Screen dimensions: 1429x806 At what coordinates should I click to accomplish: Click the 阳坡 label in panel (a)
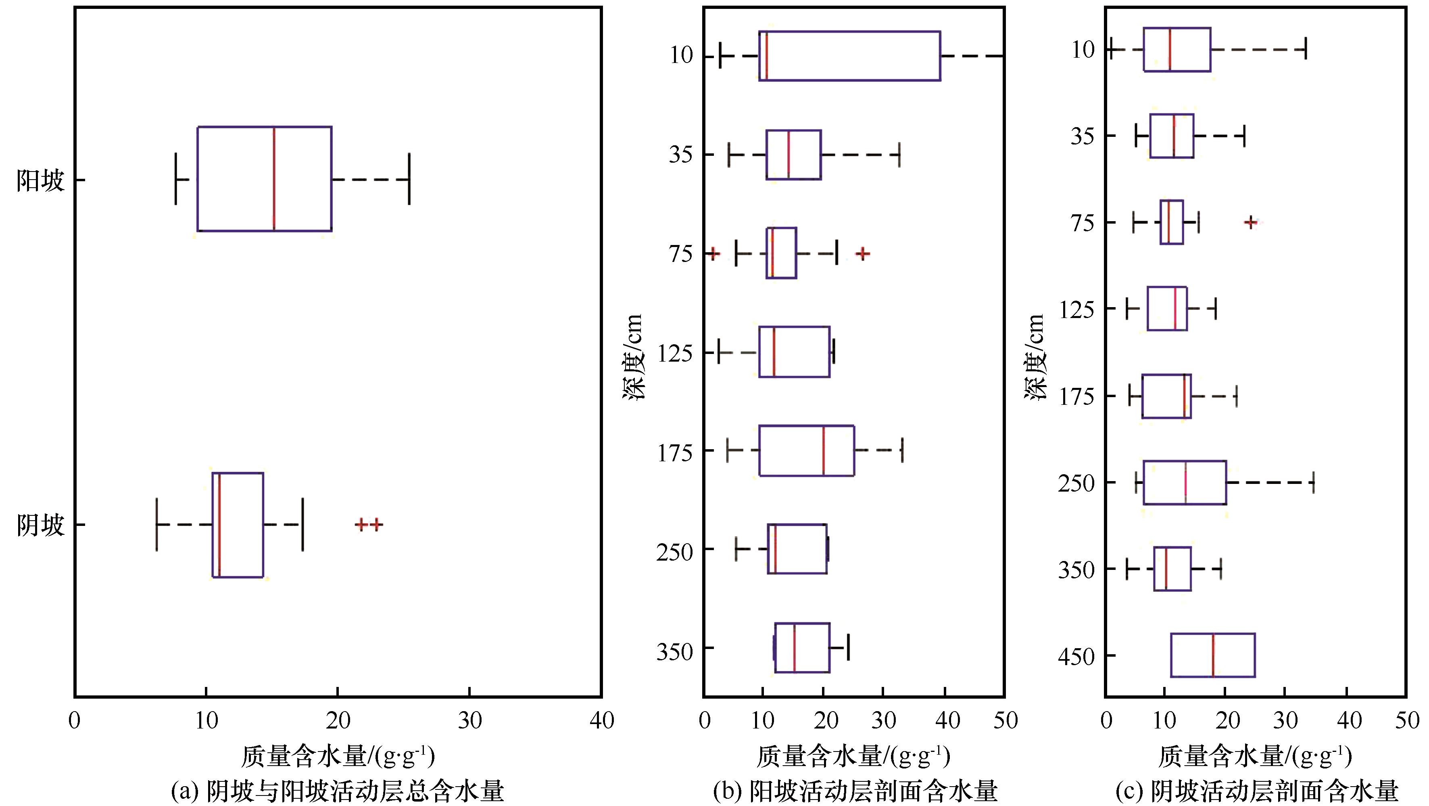40,180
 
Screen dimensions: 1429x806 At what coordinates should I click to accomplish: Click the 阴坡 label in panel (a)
40,525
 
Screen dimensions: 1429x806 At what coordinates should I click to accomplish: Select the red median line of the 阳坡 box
274,178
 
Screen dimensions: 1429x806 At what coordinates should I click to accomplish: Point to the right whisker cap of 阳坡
409,179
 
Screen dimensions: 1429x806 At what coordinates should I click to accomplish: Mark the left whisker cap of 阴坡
157,525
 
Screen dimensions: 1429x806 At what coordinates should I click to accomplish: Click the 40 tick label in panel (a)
602,720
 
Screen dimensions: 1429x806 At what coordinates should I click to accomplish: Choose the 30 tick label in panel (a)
470,720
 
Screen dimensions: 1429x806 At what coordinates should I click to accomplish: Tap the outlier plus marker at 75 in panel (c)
1250,222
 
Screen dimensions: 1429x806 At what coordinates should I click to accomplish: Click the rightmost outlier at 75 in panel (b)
863,253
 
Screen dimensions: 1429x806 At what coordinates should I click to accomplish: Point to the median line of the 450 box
1213,655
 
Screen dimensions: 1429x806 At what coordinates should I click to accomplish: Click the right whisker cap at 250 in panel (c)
1313,482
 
